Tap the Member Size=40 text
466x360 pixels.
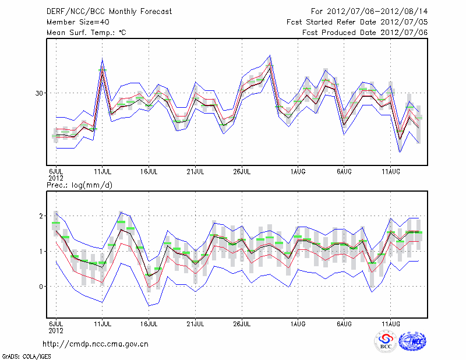click(x=73, y=22)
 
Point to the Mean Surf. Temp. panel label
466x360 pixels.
click(x=86, y=32)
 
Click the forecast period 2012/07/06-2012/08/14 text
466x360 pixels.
click(x=369, y=11)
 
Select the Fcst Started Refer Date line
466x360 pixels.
click(x=357, y=22)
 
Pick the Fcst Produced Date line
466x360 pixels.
click(x=365, y=32)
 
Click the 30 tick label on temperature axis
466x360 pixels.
click(x=39, y=93)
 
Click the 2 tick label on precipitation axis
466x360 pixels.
click(x=41, y=216)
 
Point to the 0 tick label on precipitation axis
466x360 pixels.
click(x=41, y=287)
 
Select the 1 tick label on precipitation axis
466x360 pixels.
click(x=41, y=251)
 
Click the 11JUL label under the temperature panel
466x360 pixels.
click(x=103, y=171)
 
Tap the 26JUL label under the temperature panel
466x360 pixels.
click(x=242, y=171)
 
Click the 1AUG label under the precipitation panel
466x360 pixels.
click(x=298, y=323)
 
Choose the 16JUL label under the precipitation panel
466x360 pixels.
click(x=149, y=323)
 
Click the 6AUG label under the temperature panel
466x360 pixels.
click(x=344, y=171)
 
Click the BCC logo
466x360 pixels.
click(x=386, y=341)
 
